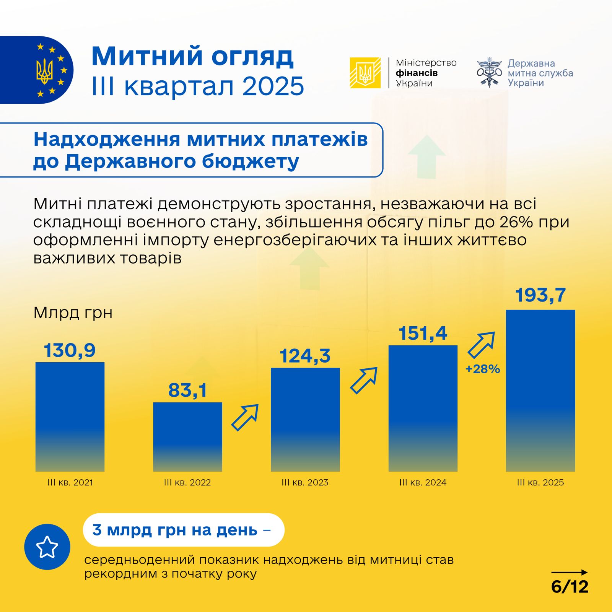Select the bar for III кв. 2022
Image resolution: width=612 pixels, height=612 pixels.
[x=187, y=436]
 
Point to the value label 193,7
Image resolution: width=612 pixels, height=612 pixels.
[x=540, y=295]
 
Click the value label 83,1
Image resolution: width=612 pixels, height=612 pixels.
[x=187, y=390]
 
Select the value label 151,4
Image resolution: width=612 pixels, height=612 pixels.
[x=423, y=333]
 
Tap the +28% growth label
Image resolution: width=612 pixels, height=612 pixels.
[x=483, y=369]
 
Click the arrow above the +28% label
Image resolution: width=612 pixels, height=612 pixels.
[x=482, y=345]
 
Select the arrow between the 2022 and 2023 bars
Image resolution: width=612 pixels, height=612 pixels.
[x=245, y=417]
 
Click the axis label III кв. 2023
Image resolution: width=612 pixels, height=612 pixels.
[x=305, y=482]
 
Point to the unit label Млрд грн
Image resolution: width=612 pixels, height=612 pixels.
[x=73, y=313]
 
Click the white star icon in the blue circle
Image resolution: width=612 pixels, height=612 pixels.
[x=47, y=547]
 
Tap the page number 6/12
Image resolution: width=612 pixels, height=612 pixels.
[x=570, y=586]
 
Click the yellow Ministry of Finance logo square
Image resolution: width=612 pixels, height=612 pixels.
[x=365, y=73]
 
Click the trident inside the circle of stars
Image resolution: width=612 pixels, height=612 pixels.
[x=45, y=71]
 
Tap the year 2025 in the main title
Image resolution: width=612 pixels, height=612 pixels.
[x=273, y=86]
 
